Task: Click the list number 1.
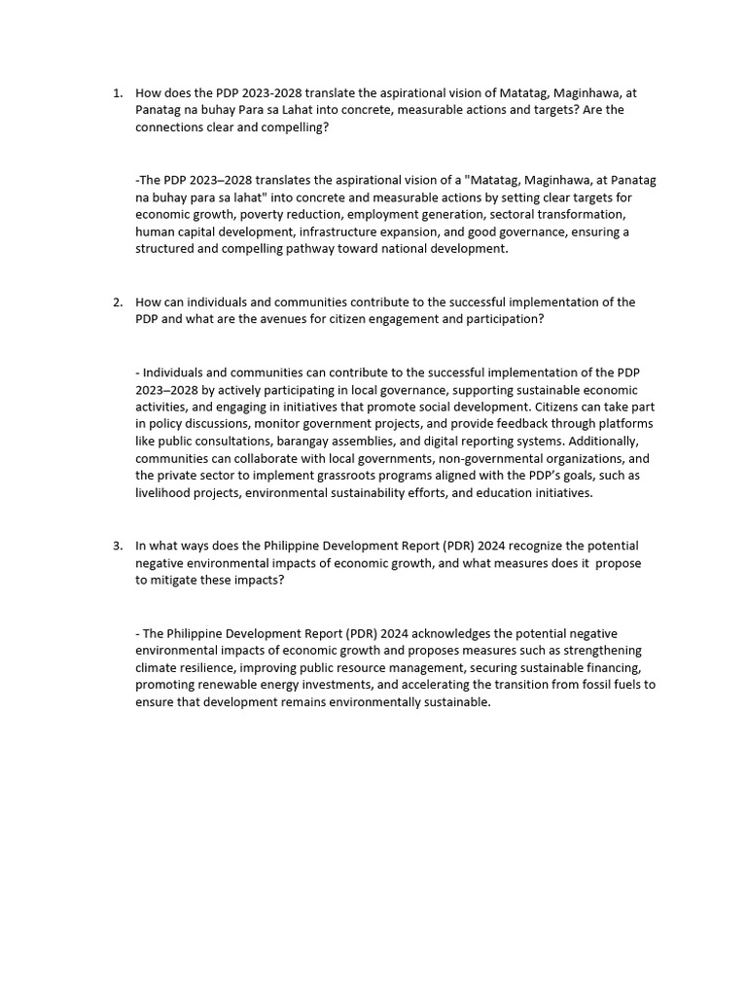117,93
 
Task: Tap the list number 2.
117,302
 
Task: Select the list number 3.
117,546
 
